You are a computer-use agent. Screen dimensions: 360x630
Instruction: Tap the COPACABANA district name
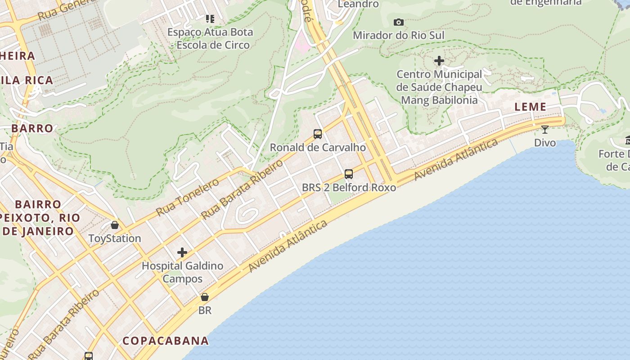(166, 341)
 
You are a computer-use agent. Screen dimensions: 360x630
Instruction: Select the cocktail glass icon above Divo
(544, 130)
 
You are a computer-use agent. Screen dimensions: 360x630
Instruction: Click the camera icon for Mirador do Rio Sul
(398, 22)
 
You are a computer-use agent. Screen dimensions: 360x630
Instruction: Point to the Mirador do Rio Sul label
(398, 35)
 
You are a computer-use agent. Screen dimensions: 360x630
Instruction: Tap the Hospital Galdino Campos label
(182, 272)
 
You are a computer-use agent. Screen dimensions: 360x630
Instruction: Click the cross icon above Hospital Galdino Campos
(182, 252)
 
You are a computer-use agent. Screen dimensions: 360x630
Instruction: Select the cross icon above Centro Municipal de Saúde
(439, 61)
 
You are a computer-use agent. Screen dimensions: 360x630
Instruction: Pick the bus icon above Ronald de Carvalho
(318, 134)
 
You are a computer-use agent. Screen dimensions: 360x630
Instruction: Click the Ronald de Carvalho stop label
(318, 147)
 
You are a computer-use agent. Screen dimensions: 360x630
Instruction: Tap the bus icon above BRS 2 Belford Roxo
(349, 174)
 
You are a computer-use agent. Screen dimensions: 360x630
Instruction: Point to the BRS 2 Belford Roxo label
(349, 187)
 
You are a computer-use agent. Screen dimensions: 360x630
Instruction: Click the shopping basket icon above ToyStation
(115, 225)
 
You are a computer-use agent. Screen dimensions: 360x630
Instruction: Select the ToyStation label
(115, 238)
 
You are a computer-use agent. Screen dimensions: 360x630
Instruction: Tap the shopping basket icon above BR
(205, 297)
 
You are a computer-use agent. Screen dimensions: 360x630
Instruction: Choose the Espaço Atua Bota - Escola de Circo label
(210, 38)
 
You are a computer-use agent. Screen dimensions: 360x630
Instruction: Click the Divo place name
(544, 143)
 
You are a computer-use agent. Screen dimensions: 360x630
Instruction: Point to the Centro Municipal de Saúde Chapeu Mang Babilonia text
(439, 87)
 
